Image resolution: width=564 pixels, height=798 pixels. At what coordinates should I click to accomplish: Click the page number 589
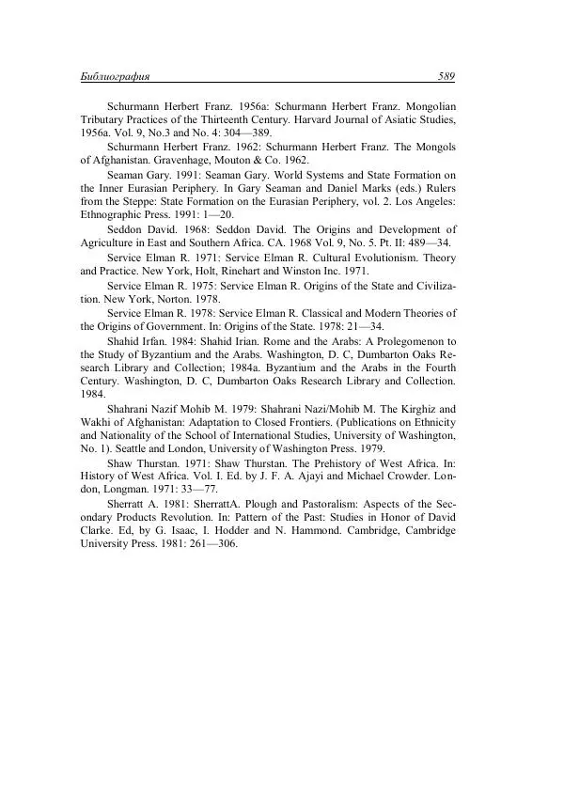pos(446,76)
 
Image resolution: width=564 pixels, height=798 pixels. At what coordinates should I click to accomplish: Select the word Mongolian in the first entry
pos(424,108)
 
